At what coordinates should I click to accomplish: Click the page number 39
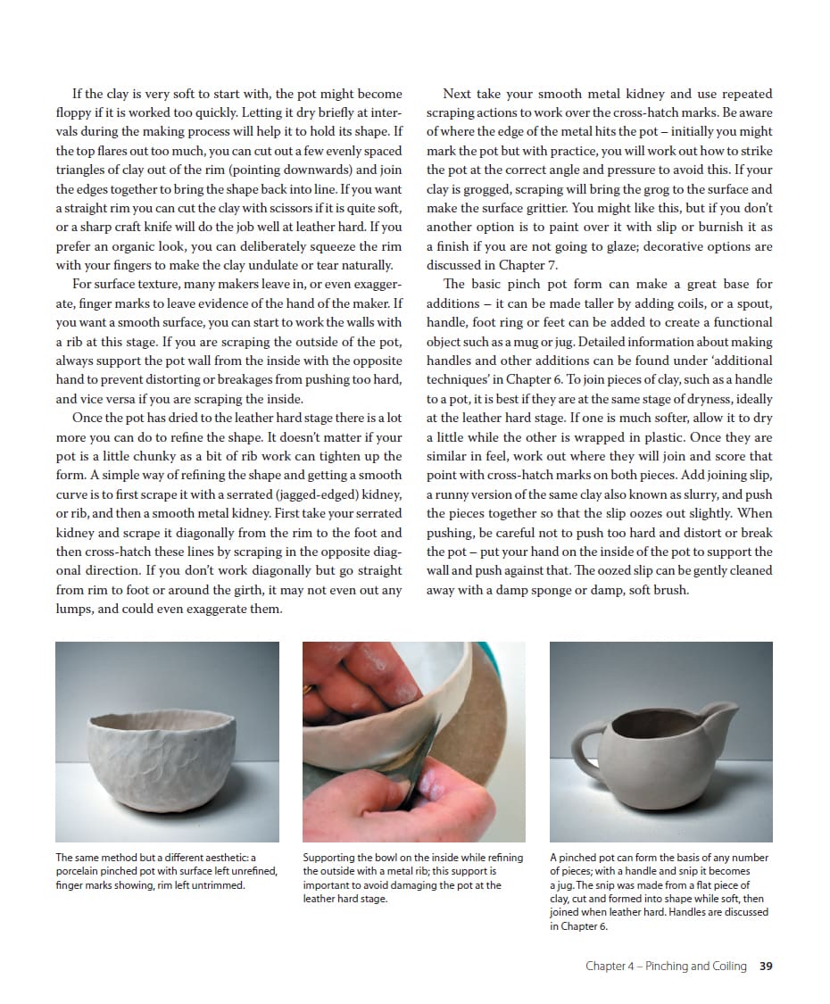tap(766, 966)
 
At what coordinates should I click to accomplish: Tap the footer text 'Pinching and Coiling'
tap(695, 966)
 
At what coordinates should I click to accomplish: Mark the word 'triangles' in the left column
tap(83, 170)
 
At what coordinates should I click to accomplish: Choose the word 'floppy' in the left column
tap(76, 112)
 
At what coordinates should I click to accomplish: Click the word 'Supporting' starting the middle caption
tap(329, 858)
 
